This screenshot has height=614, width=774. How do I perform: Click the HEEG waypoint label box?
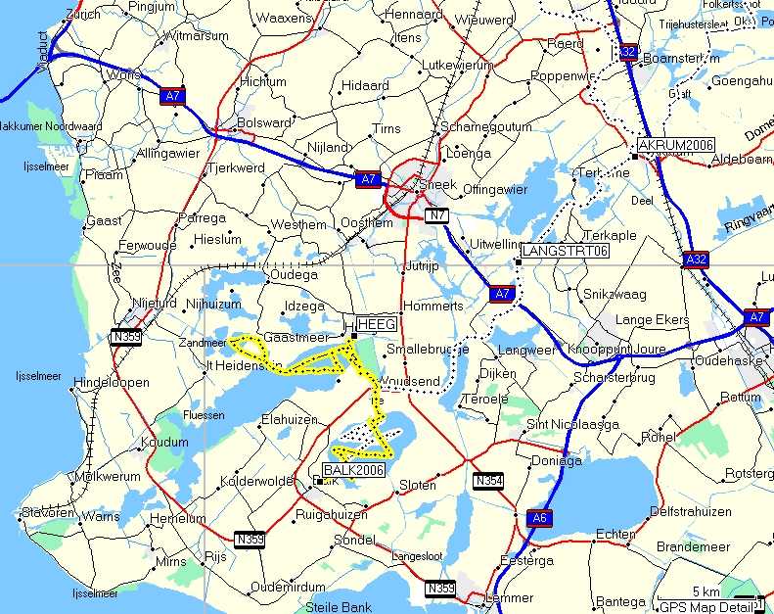coord(376,324)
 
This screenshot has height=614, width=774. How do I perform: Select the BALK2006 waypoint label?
coord(352,470)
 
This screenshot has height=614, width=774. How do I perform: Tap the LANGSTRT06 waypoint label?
coord(566,252)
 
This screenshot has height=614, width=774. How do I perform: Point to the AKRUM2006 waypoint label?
coord(674,145)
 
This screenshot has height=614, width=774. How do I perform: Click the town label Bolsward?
coord(264,122)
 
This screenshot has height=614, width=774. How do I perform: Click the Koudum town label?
coord(165,443)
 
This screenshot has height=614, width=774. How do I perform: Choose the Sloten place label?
coord(417,486)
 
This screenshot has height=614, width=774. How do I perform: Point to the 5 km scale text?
coord(706,592)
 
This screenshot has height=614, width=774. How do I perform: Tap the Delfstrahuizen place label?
coord(691,511)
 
